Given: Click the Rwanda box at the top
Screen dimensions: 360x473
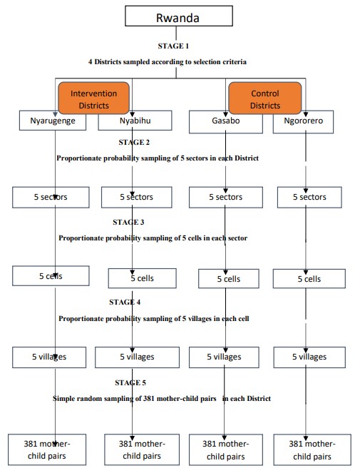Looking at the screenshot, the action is click(179, 16).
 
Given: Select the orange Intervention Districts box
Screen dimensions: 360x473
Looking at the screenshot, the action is click(94, 98).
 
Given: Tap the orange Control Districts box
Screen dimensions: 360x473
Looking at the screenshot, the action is click(265, 98).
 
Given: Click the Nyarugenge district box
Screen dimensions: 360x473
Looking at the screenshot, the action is click(53, 121).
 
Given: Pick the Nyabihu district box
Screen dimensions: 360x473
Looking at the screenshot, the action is click(135, 121).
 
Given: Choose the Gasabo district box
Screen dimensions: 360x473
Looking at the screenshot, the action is click(226, 122).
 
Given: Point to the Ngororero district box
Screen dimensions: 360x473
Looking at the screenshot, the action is click(303, 122).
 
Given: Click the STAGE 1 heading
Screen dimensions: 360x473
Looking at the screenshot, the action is click(173, 46).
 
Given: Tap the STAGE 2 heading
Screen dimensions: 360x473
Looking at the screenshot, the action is click(134, 142).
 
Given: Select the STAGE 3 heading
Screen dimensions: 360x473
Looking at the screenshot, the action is click(128, 222).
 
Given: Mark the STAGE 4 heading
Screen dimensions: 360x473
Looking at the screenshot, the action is click(125, 302).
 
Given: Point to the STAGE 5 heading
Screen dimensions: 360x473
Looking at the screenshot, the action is click(130, 382).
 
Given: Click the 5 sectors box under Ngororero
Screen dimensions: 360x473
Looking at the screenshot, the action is click(309, 198).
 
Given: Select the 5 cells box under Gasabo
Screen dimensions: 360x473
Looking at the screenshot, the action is click(229, 279).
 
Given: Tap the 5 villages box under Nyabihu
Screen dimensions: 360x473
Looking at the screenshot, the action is click(137, 357).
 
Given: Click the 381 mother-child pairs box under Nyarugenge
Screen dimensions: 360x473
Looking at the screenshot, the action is click(47, 449).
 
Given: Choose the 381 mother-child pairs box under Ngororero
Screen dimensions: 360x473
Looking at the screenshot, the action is click(312, 449).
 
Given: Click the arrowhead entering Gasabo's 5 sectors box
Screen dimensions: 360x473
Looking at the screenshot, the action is click(225, 190).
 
